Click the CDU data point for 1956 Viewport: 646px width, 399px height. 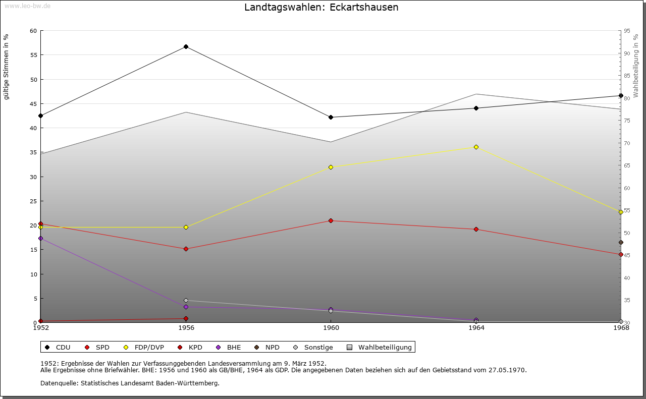[186, 47]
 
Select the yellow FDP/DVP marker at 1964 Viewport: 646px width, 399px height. [476, 147]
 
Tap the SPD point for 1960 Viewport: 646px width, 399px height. [331, 220]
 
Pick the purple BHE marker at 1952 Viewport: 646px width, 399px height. [41, 238]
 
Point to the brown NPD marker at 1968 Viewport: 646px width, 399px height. [621, 243]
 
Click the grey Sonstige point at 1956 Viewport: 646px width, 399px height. [186, 301]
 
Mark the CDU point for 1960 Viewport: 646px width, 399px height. [331, 117]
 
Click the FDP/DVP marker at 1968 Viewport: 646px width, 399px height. [621, 212]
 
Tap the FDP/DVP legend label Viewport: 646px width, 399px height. [149, 347]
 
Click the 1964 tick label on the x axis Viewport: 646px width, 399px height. [476, 328]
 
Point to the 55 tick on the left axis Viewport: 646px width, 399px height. [33, 55]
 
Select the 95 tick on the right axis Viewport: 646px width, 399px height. [627, 31]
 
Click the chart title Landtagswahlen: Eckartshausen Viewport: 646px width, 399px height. [321, 8]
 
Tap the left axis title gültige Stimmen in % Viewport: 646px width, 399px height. [7, 67]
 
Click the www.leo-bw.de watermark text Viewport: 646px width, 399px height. [27, 6]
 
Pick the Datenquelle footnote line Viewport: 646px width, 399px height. [130, 383]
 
